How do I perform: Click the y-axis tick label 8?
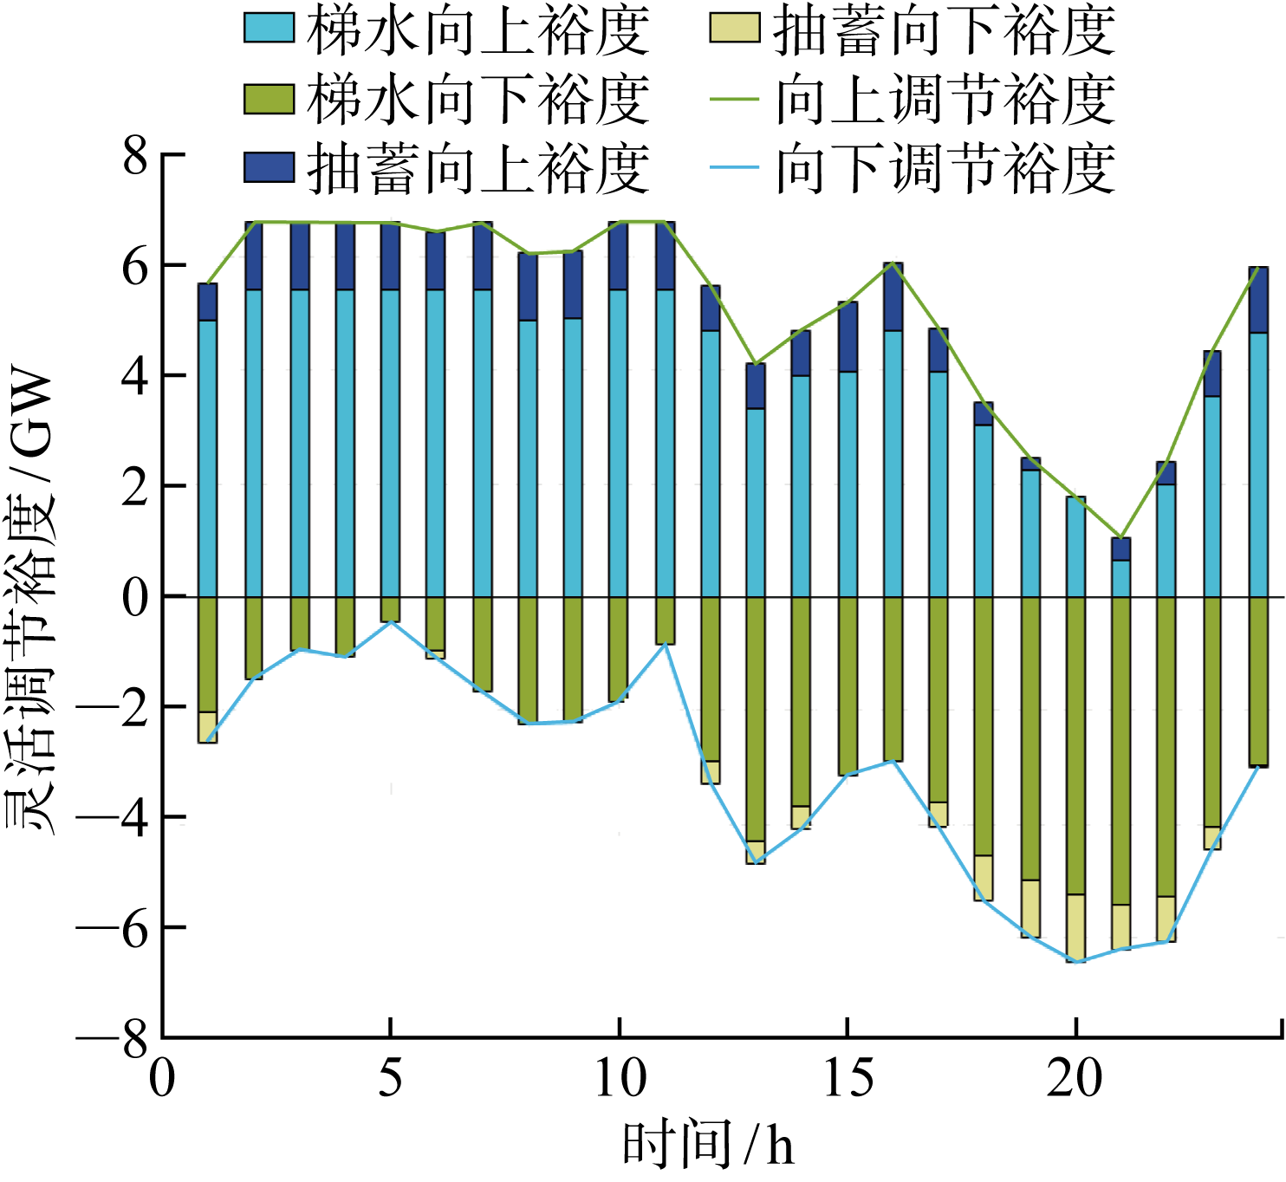coord(134,157)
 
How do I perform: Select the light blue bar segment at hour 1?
coord(208,458)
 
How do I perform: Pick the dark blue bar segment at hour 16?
coord(893,296)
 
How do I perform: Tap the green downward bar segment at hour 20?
coord(1075,745)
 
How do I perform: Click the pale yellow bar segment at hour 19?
coord(1030,908)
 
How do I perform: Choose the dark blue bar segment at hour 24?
coord(1258,300)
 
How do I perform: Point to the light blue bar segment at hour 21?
coord(1121,578)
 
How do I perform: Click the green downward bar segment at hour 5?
coord(391,609)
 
